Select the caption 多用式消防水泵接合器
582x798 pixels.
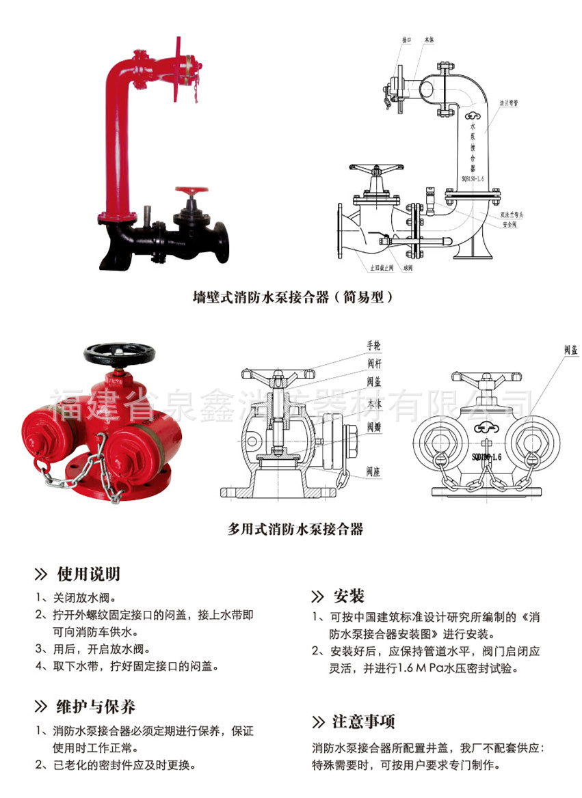295,528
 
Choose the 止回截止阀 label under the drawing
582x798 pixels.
382,268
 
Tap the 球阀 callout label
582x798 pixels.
409,268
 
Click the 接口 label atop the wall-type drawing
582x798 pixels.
407,40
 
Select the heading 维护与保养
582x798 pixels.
95,706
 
